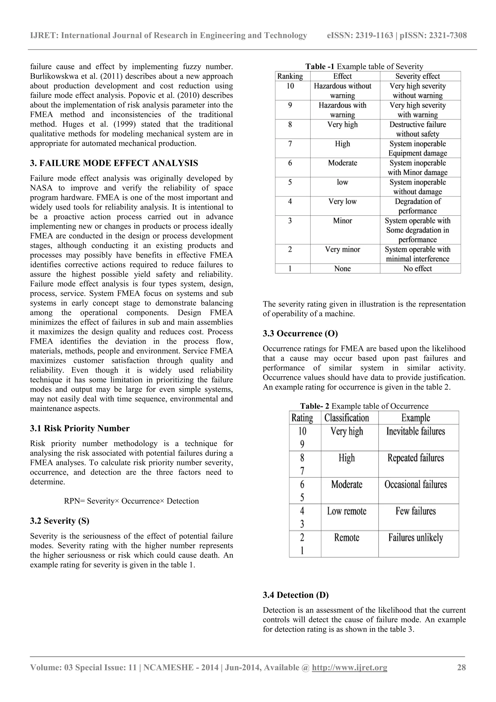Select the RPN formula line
(x=131, y=501)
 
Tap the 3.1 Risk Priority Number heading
(x=80, y=428)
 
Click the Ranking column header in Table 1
(x=290, y=76)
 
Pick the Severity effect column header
(x=418, y=76)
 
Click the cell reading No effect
(x=418, y=268)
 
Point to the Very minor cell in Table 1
(x=342, y=249)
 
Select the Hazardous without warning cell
(x=342, y=90)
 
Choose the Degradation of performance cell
(x=418, y=206)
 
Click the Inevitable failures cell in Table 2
(x=415, y=431)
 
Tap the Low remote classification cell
(x=347, y=511)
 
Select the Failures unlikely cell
(x=415, y=537)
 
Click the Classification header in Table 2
(x=347, y=418)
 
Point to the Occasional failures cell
(x=415, y=484)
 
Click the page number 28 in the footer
(x=461, y=667)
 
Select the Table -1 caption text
(x=364, y=66)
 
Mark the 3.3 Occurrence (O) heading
(x=300, y=333)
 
